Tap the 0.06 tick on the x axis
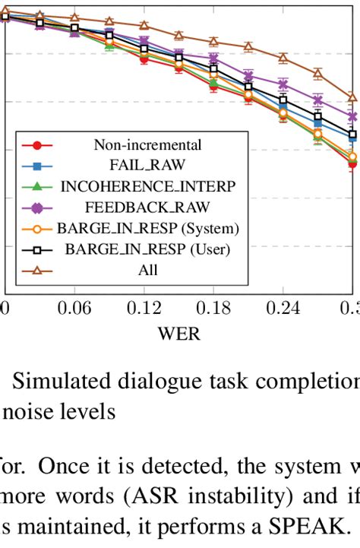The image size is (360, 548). (x=74, y=309)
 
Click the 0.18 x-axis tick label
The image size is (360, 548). (x=213, y=309)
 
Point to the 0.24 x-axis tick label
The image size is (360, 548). (x=283, y=309)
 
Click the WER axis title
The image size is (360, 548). (x=178, y=333)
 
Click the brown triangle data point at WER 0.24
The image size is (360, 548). (x=283, y=58)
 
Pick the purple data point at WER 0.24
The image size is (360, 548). (x=283, y=84)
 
